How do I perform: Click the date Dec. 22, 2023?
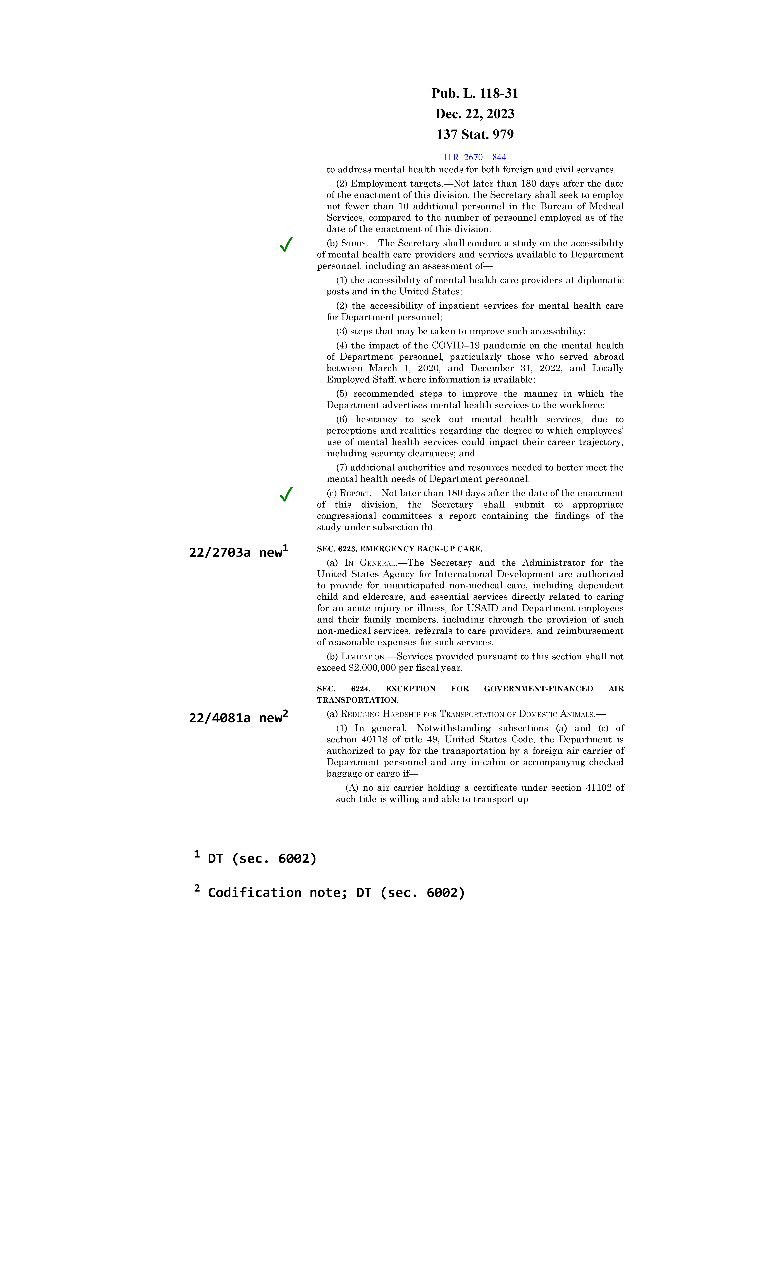click(x=475, y=114)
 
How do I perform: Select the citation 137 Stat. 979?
click(x=475, y=135)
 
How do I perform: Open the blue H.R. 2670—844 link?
click(x=475, y=157)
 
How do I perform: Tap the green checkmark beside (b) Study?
click(x=286, y=244)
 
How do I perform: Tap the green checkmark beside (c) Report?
click(x=286, y=495)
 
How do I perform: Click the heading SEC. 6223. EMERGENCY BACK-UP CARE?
click(x=399, y=548)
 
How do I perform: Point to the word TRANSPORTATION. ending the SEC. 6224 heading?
click(x=357, y=700)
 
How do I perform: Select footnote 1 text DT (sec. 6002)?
click(x=262, y=859)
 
